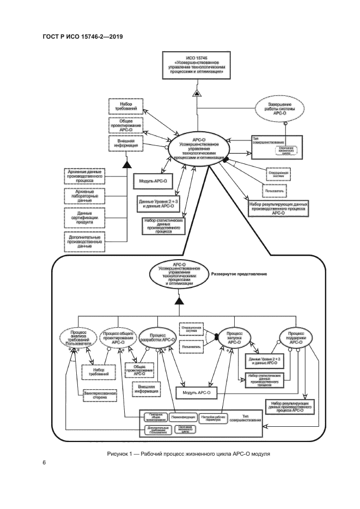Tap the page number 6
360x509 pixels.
click(44, 463)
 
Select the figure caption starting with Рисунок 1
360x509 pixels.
click(188, 453)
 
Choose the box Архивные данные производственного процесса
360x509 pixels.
click(83, 176)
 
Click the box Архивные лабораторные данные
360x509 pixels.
click(83, 197)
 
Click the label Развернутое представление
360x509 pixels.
click(239, 274)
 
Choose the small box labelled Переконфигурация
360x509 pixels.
click(182, 416)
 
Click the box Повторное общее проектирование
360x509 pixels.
click(154, 417)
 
